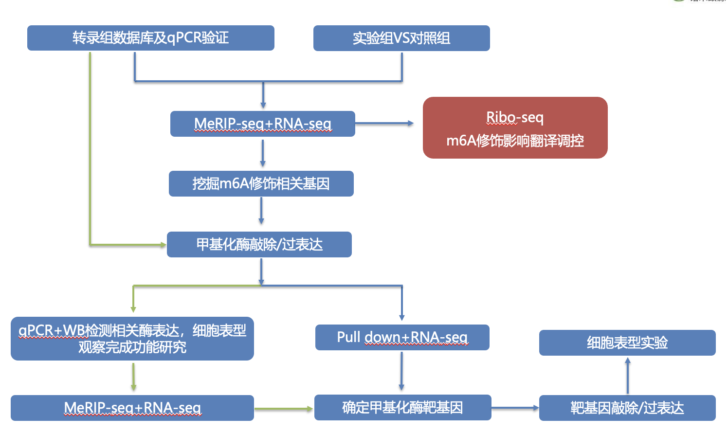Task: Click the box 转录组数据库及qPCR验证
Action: pos(151,38)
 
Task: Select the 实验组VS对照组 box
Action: pos(401,38)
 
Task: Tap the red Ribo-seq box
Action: pos(515,127)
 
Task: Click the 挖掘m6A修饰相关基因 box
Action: pos(261,183)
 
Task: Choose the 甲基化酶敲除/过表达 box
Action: pos(259,244)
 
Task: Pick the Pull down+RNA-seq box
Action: pos(402,337)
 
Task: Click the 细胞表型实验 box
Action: pos(627,343)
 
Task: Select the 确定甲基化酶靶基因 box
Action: pos(402,407)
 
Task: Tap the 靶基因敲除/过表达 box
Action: pos(627,408)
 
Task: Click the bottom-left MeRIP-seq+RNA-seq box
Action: pos(132,408)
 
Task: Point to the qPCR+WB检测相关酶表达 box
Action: pos(132,339)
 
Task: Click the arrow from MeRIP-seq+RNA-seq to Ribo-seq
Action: pos(384,123)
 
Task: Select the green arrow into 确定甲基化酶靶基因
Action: pos(283,409)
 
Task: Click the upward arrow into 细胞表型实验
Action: pos(628,376)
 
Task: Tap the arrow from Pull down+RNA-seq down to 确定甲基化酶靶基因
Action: pos(401,371)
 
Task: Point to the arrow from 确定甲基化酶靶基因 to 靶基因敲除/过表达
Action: pos(515,408)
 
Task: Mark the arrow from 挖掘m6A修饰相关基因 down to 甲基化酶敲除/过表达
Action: pos(261,211)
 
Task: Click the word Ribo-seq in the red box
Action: pos(515,117)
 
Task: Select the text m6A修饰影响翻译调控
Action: pos(515,141)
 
